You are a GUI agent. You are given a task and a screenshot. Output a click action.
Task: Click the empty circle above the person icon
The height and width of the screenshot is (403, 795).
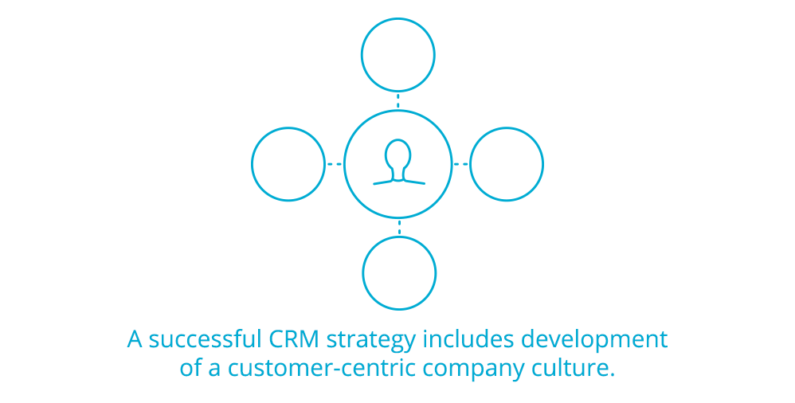pyautogui.click(x=398, y=55)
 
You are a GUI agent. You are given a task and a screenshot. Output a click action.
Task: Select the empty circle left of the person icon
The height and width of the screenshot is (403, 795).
pyautogui.click(x=288, y=164)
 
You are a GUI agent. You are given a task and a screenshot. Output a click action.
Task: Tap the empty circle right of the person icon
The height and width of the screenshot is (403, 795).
pyautogui.click(x=507, y=164)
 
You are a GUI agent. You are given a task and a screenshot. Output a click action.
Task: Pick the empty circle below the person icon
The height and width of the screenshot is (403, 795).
pyautogui.click(x=399, y=273)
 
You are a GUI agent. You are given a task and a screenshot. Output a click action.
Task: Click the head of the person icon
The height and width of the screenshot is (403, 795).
pyautogui.click(x=398, y=152)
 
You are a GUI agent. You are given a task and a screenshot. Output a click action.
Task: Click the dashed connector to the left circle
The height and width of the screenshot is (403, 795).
pyautogui.click(x=335, y=164)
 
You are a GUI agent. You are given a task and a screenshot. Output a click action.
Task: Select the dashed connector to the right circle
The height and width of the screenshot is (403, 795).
pyautogui.click(x=461, y=164)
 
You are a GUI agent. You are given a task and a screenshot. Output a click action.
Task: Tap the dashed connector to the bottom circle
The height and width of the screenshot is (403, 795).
pyautogui.click(x=399, y=228)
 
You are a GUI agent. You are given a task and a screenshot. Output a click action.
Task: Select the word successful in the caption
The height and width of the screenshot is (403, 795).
pyautogui.click(x=202, y=339)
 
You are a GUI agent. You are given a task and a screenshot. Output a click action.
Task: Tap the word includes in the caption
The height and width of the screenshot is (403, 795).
pyautogui.click(x=468, y=339)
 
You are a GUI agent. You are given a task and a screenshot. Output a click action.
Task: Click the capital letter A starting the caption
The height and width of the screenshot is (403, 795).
pyautogui.click(x=135, y=339)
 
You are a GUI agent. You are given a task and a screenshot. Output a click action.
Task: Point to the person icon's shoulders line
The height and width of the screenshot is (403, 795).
pyautogui.click(x=398, y=182)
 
